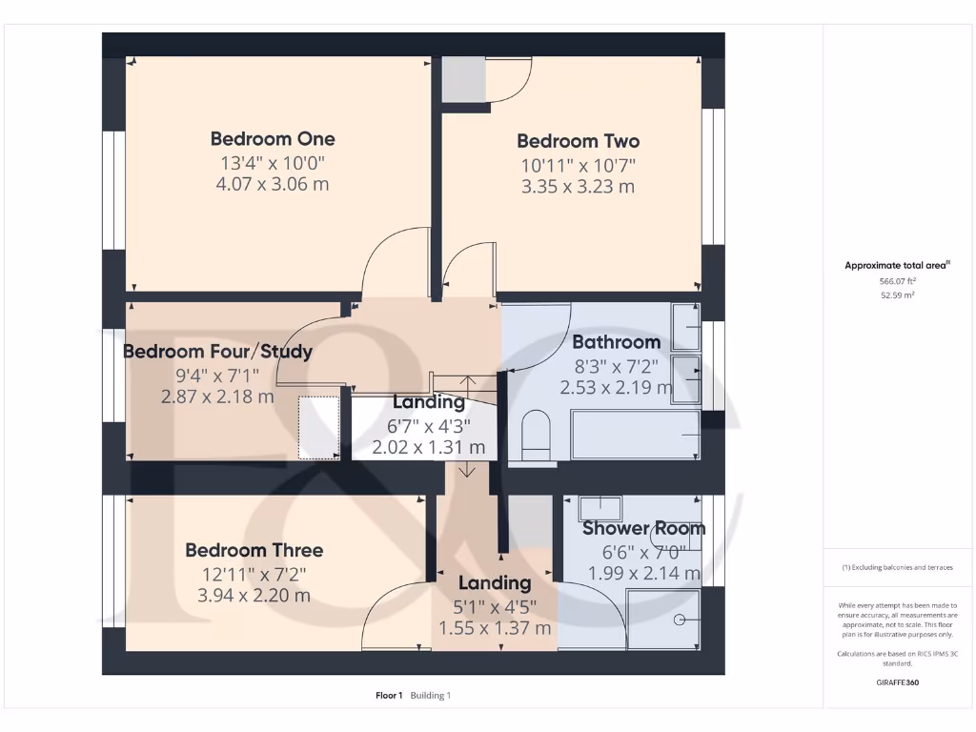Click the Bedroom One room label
[x=273, y=139]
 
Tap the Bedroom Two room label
[x=578, y=141]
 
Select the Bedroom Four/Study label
[x=218, y=352]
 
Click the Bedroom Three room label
[x=254, y=550]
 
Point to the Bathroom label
[x=616, y=342]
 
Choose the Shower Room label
[x=643, y=528]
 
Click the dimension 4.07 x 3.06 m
[x=273, y=183]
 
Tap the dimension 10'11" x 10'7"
[x=578, y=165]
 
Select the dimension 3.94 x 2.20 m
[x=254, y=596]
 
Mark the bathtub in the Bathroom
[x=634, y=435]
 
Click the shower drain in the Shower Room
[x=679, y=620]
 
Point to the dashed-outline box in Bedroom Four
[x=319, y=428]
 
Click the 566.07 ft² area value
[x=897, y=282]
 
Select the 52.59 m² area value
[x=897, y=295]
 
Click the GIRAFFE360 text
[x=897, y=682]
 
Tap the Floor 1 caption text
[x=389, y=696]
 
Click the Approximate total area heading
[x=897, y=266]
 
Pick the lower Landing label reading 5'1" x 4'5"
[x=495, y=583]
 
